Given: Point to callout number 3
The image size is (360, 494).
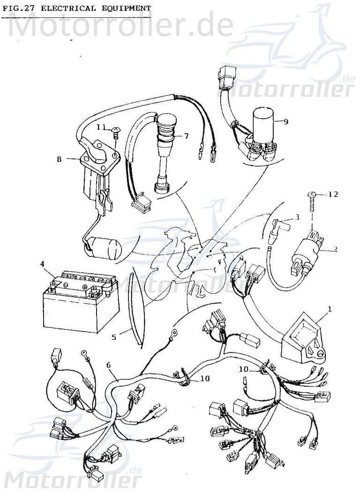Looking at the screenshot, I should pyautogui.click(x=297, y=217).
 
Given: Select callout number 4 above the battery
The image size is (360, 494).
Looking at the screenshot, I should pyautogui.click(x=43, y=264).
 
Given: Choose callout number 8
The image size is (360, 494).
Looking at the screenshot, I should pyautogui.click(x=59, y=159).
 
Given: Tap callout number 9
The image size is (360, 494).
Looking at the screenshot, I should pyautogui.click(x=285, y=121).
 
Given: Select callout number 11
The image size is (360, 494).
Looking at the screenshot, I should pyautogui.click(x=101, y=127).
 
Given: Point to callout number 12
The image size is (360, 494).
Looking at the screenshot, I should pyautogui.click(x=333, y=194).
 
